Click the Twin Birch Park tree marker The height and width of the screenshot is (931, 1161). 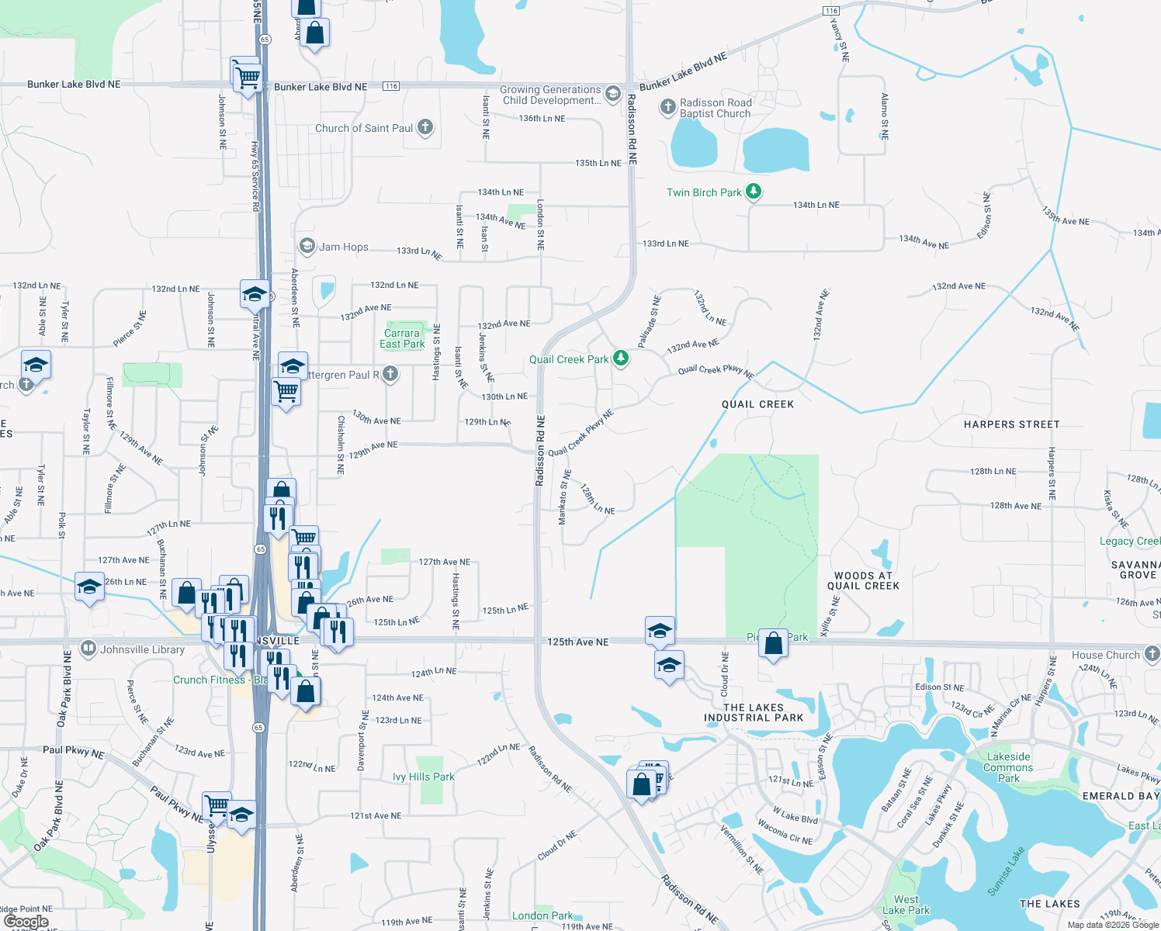753,191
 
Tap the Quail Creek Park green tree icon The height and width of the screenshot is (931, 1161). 620,358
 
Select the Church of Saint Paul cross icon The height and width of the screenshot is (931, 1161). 425,127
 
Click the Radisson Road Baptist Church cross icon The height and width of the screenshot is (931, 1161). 667,106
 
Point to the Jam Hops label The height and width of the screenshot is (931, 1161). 343,247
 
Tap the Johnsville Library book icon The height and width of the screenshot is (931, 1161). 88,648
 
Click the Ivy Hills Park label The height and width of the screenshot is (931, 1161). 424,777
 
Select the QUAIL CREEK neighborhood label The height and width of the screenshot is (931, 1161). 757,404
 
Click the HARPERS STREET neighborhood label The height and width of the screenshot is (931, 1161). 1011,424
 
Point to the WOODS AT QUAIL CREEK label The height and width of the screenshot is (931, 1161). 863,580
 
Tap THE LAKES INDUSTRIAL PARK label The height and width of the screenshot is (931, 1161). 753,712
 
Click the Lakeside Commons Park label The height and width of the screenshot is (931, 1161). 1008,767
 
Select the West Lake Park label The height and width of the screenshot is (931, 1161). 906,905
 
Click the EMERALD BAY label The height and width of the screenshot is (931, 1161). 1120,796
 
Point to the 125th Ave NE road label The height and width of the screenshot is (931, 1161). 577,642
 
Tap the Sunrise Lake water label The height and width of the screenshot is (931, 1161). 1006,871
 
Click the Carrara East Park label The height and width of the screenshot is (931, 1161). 402,338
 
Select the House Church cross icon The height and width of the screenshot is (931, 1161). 1152,654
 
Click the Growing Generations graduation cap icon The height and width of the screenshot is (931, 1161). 612,94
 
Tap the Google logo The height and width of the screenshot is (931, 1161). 26,922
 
